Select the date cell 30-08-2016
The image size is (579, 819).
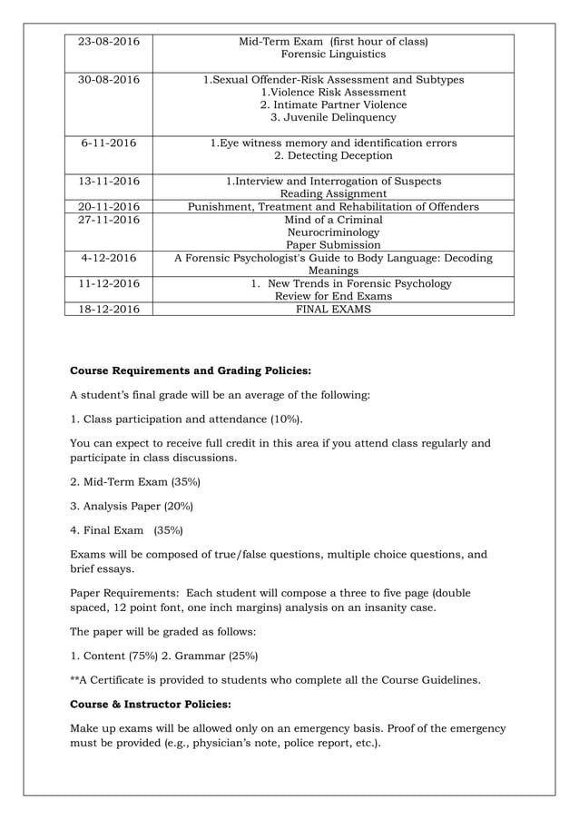tap(109, 80)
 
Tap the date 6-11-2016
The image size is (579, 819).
tap(109, 143)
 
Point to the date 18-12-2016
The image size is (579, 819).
tap(109, 309)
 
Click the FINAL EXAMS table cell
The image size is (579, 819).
tap(333, 309)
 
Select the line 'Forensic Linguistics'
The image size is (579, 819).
tap(333, 54)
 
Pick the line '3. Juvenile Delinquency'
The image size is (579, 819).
tap(333, 118)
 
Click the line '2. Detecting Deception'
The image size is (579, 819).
tap(333, 156)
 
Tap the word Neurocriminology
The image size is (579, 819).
tap(333, 232)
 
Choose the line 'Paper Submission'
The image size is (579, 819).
tap(333, 245)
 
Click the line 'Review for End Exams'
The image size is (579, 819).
tap(333, 296)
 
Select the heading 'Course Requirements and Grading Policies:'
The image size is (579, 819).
tap(191, 370)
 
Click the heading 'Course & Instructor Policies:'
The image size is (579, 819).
tap(150, 704)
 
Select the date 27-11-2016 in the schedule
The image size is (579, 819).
tap(109, 220)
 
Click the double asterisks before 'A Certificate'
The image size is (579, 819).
tap(75, 679)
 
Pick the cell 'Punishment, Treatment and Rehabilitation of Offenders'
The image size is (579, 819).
tap(333, 207)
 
